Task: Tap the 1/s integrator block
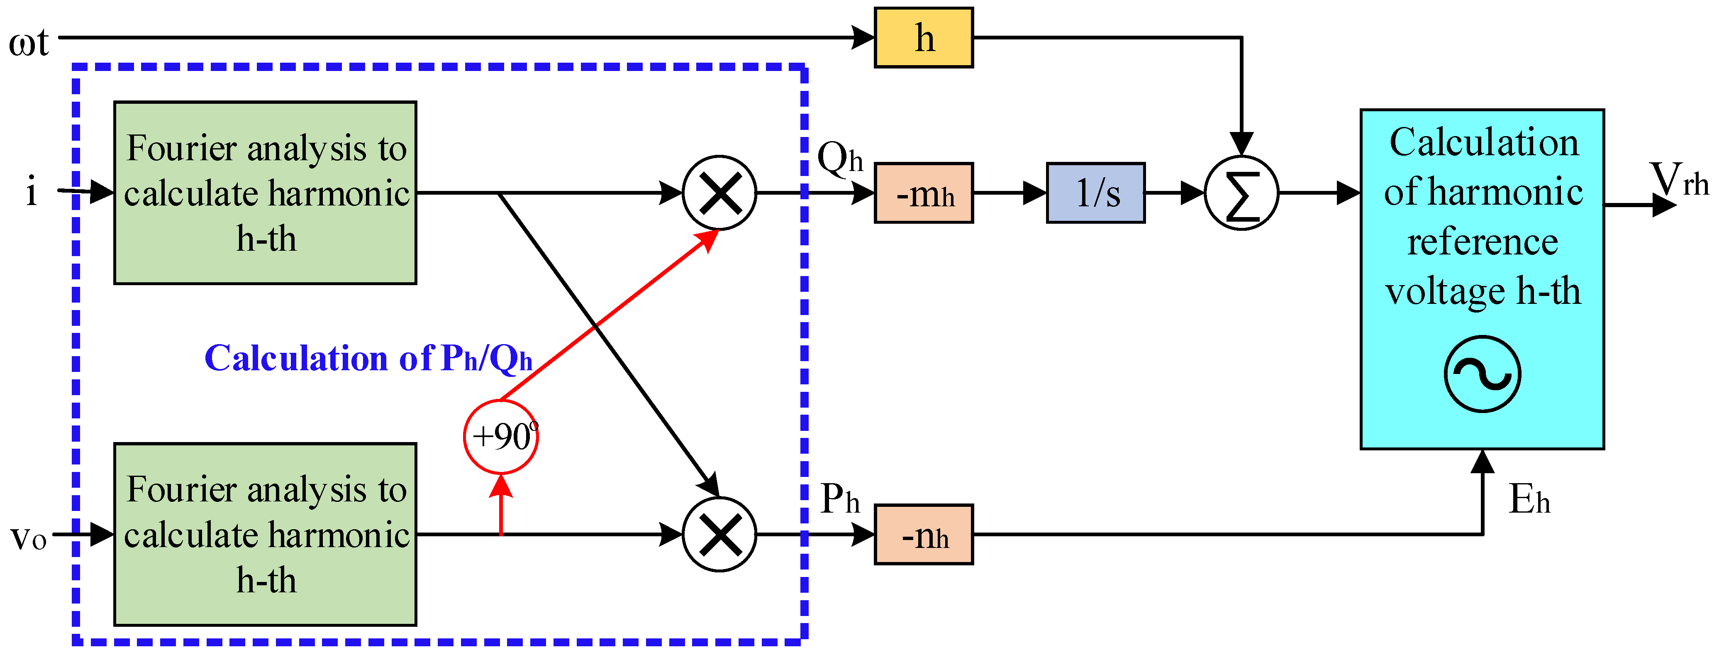point(1095,193)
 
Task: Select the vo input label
point(28,536)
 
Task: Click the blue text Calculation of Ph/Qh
point(368,358)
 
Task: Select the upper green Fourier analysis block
point(265,193)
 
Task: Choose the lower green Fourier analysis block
point(265,535)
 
